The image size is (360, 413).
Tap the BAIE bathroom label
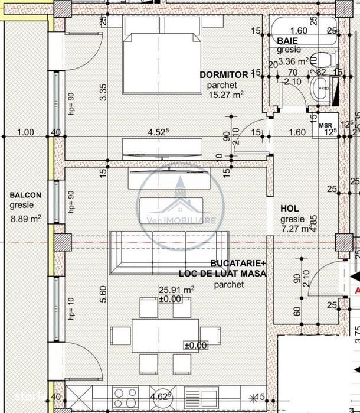(287, 40)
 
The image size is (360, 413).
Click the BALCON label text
(25, 196)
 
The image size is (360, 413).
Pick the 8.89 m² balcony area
(25, 218)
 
